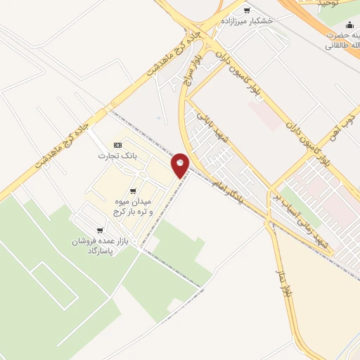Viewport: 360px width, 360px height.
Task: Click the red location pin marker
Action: [181, 165]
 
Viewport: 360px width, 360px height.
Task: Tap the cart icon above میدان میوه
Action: [133, 191]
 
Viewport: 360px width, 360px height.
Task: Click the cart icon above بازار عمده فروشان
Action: [101, 231]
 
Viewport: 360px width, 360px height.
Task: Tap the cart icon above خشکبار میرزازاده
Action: [246, 11]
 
